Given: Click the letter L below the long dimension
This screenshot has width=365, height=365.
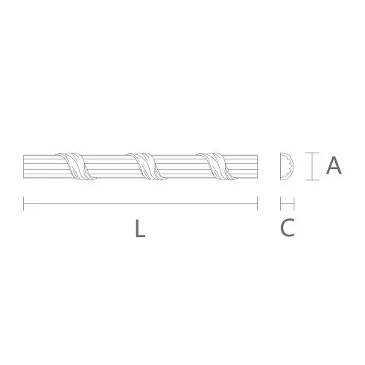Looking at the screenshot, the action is pos(140,228).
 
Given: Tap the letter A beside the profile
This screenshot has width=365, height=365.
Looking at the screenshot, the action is pos(334,165).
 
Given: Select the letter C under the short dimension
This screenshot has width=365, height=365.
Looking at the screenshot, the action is pos(288,227).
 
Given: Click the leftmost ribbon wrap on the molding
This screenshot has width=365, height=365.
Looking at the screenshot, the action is pos(75,165).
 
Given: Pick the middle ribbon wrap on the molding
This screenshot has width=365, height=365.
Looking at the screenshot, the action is pos(146,166).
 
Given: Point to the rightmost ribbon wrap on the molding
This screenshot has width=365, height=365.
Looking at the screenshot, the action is pos(217,166).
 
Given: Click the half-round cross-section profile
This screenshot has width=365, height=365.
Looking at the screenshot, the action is pos(287,166).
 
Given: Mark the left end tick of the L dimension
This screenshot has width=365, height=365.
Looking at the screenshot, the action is pos(23,203).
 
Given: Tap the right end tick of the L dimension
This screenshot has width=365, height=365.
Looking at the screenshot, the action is pos(258,203).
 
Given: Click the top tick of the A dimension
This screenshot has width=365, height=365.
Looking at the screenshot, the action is pos(312,153).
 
